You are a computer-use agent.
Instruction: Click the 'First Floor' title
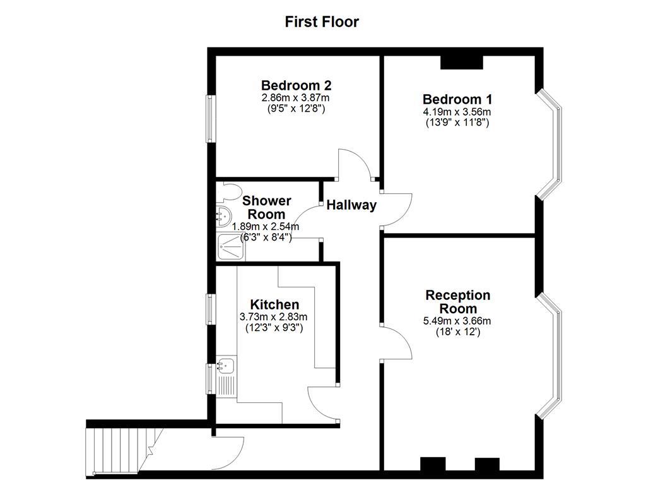click(x=322, y=22)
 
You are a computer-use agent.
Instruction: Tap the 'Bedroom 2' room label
click(x=297, y=85)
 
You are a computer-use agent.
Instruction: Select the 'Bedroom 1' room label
click(x=457, y=100)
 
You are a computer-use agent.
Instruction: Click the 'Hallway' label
click(x=351, y=205)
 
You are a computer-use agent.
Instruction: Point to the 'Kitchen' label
click(x=274, y=305)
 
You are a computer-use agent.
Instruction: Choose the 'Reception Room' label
click(x=457, y=302)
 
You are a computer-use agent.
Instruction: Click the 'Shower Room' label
click(x=267, y=208)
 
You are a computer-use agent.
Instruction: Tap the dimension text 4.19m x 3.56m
click(x=457, y=112)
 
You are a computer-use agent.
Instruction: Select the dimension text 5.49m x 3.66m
click(x=457, y=321)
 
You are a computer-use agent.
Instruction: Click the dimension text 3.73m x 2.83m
click(x=274, y=317)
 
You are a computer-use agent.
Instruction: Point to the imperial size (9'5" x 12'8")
click(x=297, y=109)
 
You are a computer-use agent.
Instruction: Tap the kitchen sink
click(x=225, y=365)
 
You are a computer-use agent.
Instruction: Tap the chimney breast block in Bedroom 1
click(x=461, y=63)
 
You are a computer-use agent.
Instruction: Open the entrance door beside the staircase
click(x=228, y=448)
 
